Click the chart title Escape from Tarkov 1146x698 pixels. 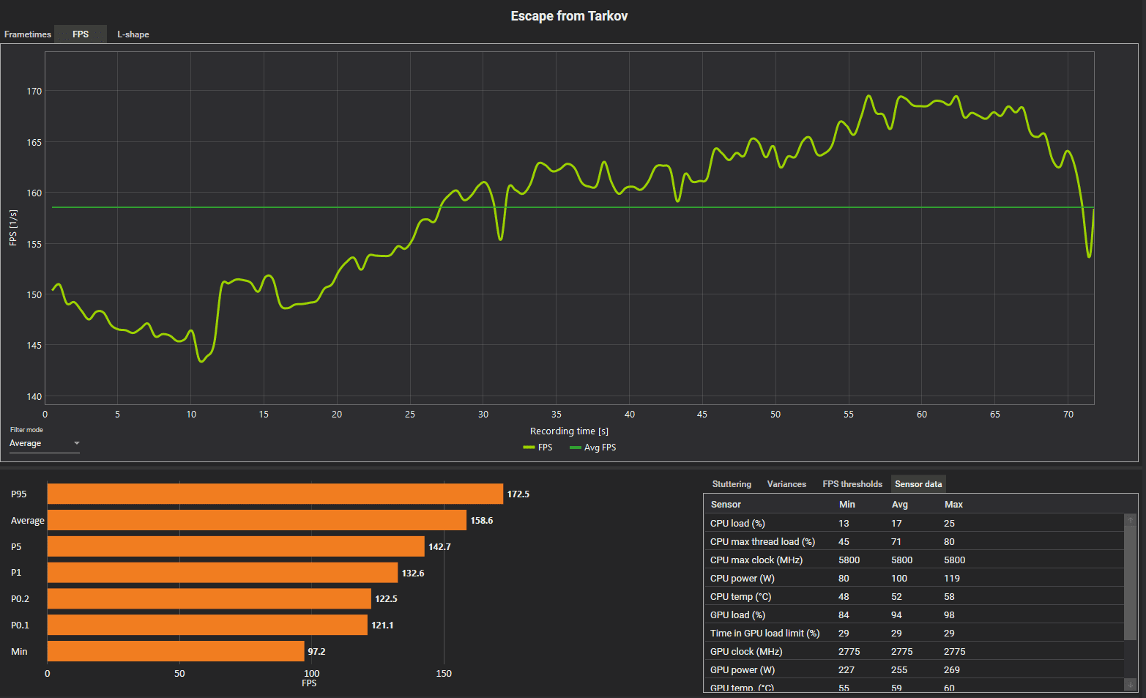569,16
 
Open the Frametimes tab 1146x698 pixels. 28,34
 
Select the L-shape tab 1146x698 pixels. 133,34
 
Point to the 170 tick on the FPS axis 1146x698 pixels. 34,92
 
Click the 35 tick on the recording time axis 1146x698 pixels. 557,415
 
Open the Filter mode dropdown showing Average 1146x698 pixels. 44,444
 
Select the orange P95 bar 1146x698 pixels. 275,494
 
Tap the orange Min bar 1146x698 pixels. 176,651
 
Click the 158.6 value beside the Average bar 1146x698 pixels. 482,521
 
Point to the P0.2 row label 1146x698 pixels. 20,599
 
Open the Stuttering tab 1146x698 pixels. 732,484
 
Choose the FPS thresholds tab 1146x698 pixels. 852,484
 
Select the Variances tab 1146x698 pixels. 786,484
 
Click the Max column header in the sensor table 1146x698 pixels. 953,505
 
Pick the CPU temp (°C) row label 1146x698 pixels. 740,597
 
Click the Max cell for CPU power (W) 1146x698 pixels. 952,579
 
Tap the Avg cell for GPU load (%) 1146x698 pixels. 896,615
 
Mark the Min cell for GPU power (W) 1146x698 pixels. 847,670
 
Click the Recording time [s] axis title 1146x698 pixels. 569,431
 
